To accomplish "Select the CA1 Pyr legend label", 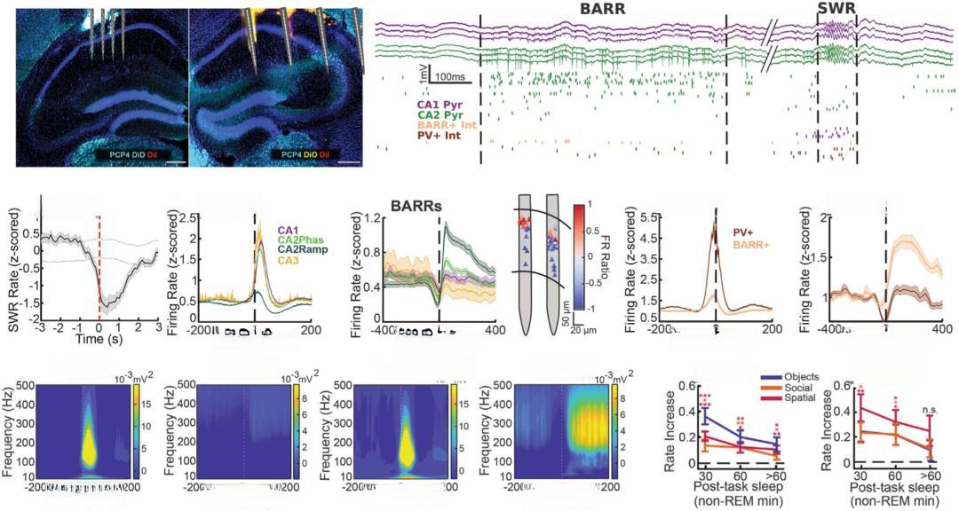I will (x=439, y=106).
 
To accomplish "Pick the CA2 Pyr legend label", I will (x=439, y=116).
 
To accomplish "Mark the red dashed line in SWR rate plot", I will (x=99, y=266).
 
